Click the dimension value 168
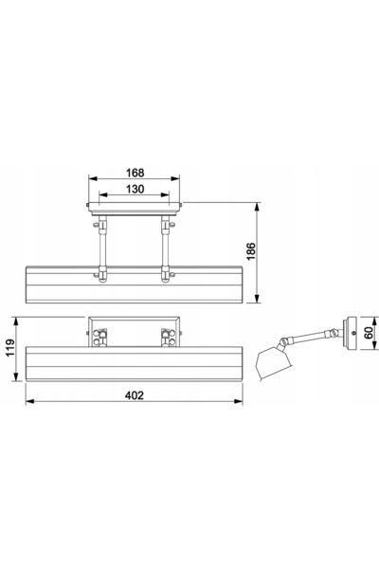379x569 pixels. click(x=135, y=173)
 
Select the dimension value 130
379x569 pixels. click(x=135, y=189)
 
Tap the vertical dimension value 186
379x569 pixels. click(x=251, y=251)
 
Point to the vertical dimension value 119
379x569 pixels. click(x=9, y=348)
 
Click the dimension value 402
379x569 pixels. click(x=135, y=395)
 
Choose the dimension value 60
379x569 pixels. click(x=369, y=333)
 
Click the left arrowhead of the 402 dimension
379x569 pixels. click(x=29, y=401)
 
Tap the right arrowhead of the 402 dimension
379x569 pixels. click(x=238, y=401)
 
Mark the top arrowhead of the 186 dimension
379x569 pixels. click(x=257, y=207)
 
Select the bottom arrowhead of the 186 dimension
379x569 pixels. click(x=257, y=299)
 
